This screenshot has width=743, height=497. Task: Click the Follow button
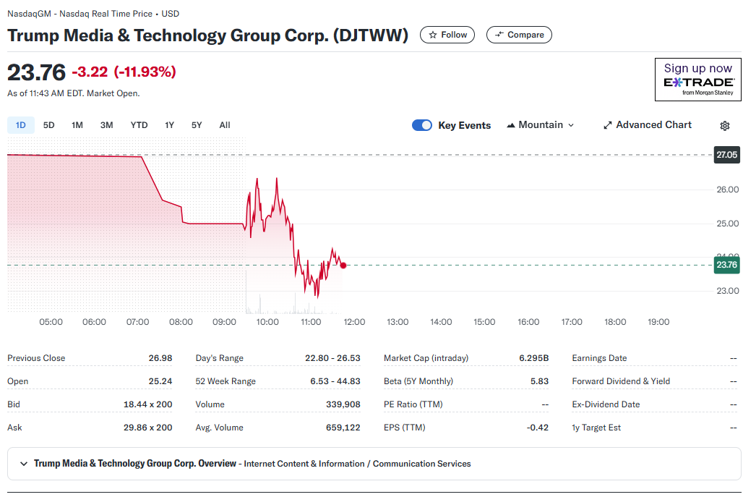pos(447,35)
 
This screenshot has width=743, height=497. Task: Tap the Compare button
pos(519,35)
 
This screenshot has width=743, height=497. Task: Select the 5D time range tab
pos(49,125)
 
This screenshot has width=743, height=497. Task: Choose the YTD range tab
pos(139,125)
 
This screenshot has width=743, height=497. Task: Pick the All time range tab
pos(225,125)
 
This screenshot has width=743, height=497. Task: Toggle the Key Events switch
pos(422,125)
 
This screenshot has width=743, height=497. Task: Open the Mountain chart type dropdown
pos(541,125)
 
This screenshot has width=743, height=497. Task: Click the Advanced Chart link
pos(647,125)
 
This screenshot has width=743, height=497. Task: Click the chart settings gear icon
pos(725,126)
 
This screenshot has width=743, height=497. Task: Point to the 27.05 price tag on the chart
pos(726,155)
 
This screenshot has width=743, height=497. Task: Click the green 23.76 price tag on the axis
pos(726,265)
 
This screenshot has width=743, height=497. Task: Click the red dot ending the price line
pos(343,266)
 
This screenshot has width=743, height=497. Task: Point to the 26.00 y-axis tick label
pos(726,190)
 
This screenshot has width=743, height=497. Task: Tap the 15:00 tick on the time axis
pos(484,322)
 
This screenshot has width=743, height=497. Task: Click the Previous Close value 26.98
pos(160,358)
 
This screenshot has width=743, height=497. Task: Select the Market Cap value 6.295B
pos(533,358)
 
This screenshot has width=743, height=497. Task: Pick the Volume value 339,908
pos(343,404)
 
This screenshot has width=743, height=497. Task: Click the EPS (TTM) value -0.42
pos(538,428)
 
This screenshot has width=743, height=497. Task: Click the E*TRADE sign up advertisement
pos(697,79)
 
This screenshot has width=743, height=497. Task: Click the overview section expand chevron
pos(24,464)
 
